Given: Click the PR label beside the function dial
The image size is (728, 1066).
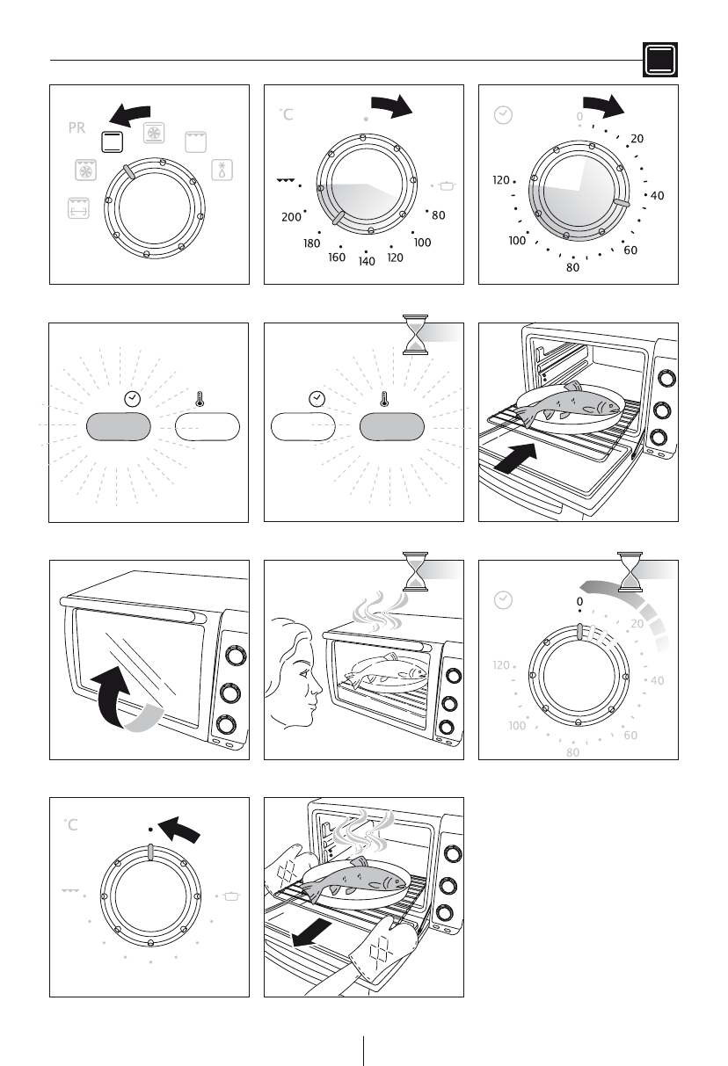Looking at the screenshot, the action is click(76, 128).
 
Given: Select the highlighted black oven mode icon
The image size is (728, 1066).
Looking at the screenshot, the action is click(112, 141).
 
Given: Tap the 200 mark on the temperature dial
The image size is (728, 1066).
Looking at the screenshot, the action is click(291, 217).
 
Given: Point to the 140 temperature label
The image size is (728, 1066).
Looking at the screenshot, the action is click(367, 261).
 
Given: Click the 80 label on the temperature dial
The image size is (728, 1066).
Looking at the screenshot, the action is click(439, 215).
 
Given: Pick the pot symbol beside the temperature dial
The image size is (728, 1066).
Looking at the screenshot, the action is click(447, 185).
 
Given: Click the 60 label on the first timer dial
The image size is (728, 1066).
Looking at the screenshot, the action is click(630, 250).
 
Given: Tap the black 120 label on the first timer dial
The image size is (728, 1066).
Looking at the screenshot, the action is click(501, 180).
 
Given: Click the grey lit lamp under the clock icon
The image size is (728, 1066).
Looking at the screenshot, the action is click(119, 426).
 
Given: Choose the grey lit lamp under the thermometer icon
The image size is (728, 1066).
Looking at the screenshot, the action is click(392, 426).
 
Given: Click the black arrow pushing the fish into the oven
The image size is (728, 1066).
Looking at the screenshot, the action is click(515, 459).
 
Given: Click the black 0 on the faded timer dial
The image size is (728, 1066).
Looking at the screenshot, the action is click(579, 601).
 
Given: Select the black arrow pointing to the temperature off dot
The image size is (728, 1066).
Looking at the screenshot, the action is click(179, 830).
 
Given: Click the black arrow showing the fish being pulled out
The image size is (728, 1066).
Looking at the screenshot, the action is click(311, 932).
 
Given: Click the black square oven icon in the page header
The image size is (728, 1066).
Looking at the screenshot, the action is click(660, 60).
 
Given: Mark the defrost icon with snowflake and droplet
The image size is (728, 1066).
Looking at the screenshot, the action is click(222, 170).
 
